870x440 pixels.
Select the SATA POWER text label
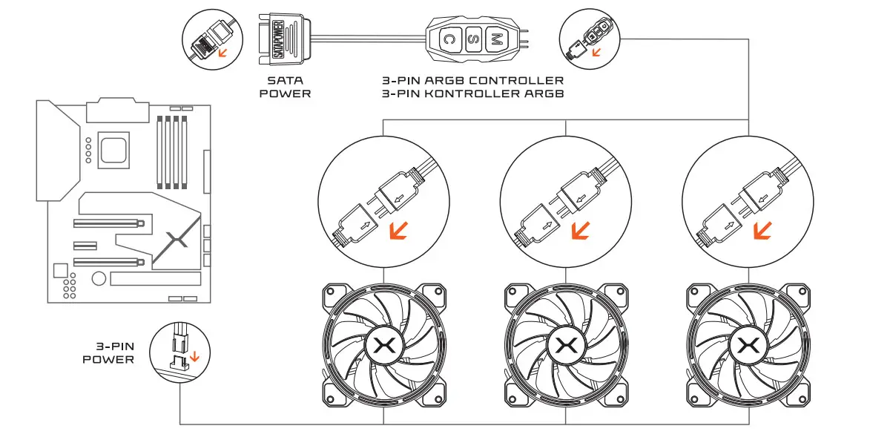point(286,87)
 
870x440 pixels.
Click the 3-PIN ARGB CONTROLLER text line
point(471,80)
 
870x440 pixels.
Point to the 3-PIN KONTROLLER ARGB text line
point(471,93)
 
